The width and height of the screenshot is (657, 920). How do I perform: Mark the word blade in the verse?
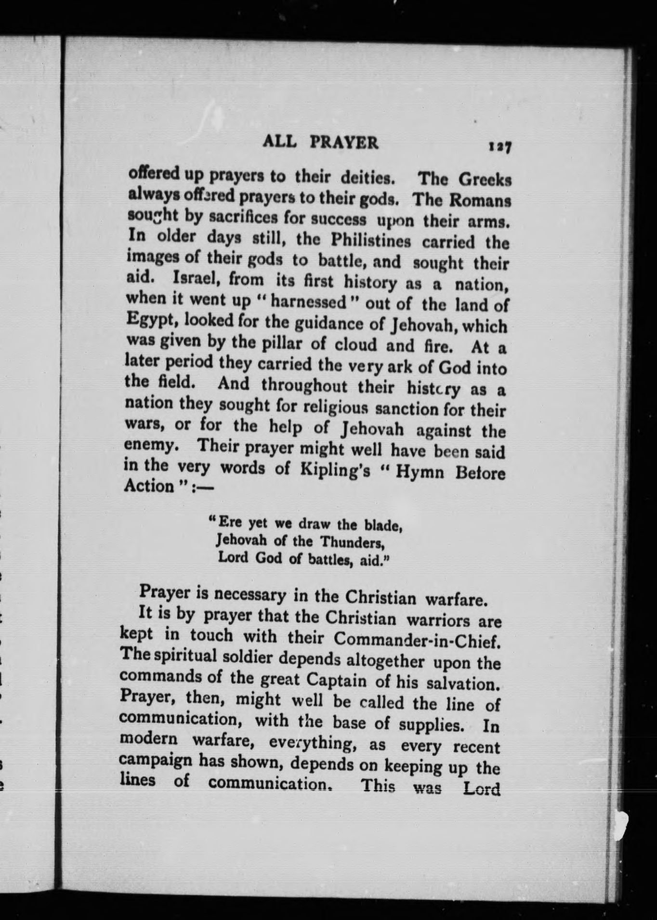(383, 525)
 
